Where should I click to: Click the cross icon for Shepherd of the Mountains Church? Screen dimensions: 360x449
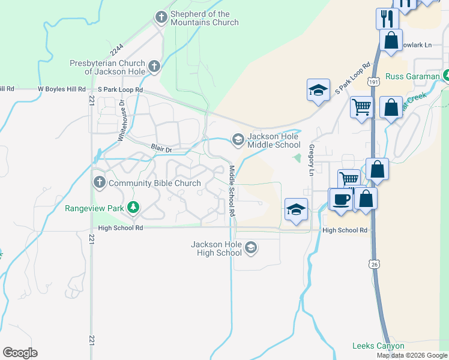(161, 17)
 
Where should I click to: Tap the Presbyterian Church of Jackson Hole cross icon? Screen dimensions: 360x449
(154, 66)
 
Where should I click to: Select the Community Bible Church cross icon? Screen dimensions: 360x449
(99, 181)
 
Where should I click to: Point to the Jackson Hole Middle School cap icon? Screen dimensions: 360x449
(238, 140)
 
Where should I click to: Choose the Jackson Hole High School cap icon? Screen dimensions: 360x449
(250, 247)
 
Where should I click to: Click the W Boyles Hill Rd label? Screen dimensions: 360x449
(62, 89)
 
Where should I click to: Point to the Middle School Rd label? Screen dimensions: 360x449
(231, 191)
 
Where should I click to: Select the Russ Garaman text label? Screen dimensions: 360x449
(413, 77)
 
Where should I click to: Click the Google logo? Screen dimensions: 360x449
(20, 353)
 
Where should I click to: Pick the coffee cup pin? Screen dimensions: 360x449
(342, 199)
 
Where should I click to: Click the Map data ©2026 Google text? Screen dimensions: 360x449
(412, 355)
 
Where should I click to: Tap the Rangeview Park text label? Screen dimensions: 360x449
(94, 208)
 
